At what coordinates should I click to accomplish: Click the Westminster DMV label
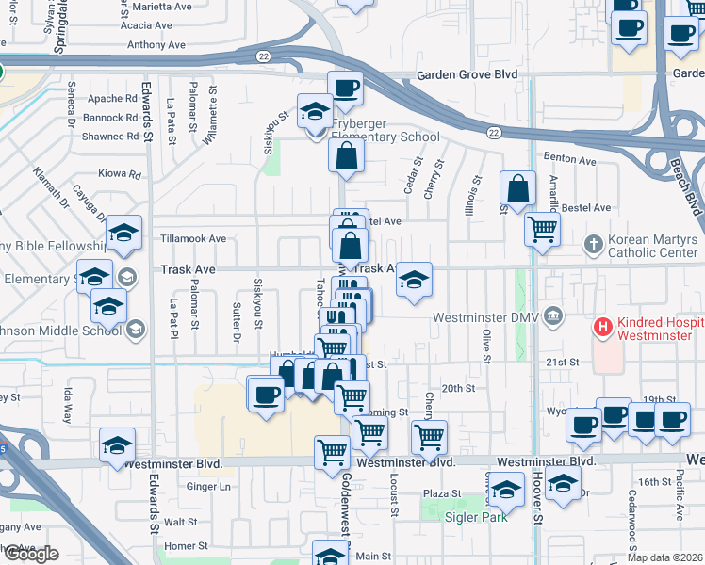coord(486,317)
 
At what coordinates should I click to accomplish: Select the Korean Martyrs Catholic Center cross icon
coord(594,244)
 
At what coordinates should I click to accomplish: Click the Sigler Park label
coord(475,516)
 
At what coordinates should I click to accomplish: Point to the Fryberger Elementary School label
coord(385,137)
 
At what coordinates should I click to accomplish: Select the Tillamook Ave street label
coord(193,239)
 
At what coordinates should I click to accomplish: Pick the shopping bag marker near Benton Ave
coord(518,187)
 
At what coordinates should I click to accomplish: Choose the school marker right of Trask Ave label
coord(414,280)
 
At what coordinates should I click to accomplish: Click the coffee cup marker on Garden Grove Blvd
coord(346,89)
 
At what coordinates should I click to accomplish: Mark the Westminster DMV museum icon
coord(553,317)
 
